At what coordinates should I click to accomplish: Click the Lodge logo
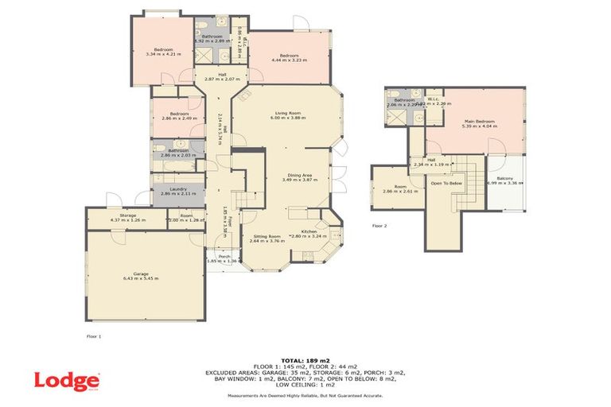(x=67, y=380)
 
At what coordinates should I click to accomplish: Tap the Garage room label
(x=142, y=273)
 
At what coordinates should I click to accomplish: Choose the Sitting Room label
(x=267, y=236)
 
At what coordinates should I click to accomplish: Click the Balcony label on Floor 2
(x=504, y=178)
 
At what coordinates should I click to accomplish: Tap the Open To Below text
(x=447, y=184)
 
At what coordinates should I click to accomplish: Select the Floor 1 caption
(x=95, y=337)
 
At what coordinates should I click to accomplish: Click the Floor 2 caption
(x=379, y=226)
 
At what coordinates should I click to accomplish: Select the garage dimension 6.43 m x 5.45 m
(x=142, y=278)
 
